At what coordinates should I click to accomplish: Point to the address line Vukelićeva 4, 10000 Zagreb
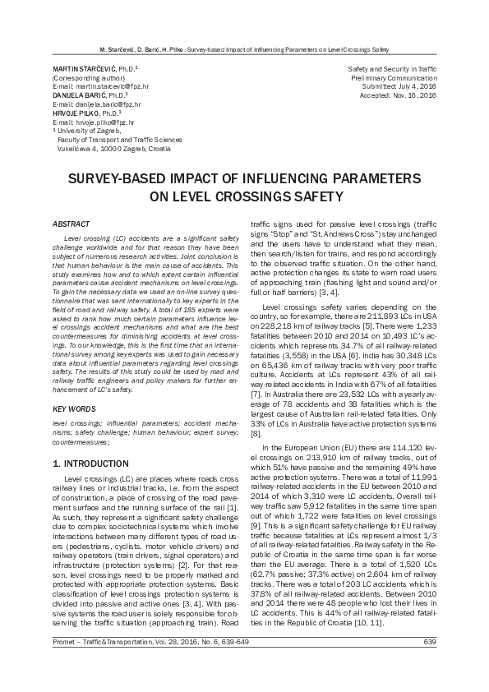[x=113, y=150]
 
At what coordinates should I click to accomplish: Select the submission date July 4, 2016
[x=416, y=86]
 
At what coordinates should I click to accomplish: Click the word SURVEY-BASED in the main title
[x=114, y=178]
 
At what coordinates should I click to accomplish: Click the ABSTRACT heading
[x=72, y=224]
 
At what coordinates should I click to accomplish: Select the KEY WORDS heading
[x=73, y=408]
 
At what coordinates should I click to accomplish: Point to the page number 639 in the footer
[x=429, y=664]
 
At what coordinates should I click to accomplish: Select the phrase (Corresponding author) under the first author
[x=84, y=77]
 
